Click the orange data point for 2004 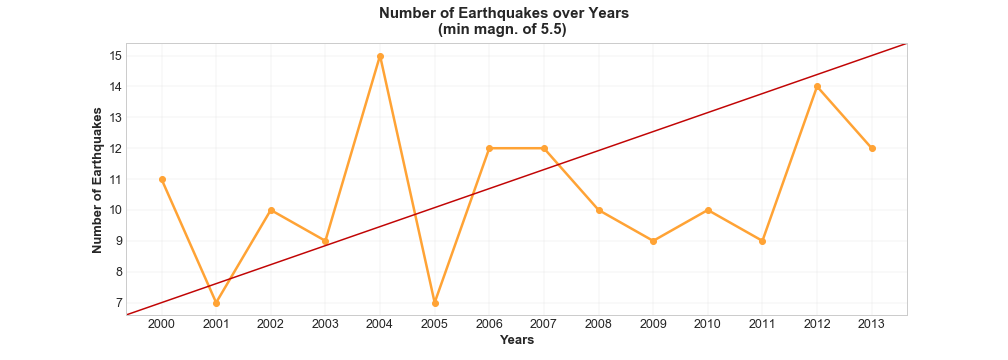coord(380,56)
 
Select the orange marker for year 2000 coord(162,179)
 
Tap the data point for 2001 coord(216,303)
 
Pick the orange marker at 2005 coord(435,303)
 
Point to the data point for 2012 coord(817,87)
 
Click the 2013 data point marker coord(872,148)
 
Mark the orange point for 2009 coord(653,241)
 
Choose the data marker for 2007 coord(544,148)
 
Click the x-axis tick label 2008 coord(599,324)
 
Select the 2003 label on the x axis coord(326,324)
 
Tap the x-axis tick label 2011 coord(763,324)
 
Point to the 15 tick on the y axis coord(116,56)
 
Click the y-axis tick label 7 coord(119,303)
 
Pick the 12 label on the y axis coord(116,148)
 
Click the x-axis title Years coord(517,340)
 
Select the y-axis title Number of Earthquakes coord(97,180)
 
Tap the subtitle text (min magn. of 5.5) coord(503,30)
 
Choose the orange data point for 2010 coord(708,210)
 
